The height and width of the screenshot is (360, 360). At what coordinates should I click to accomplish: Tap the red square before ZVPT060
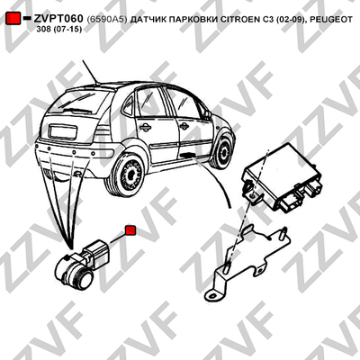[x=13, y=18]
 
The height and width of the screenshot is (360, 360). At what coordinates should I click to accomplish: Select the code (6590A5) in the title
[x=107, y=20]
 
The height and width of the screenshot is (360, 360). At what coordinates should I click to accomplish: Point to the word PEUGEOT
[x=331, y=20]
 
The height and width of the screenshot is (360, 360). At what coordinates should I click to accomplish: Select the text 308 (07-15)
[x=58, y=30]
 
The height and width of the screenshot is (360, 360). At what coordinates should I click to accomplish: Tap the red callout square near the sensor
[x=130, y=230]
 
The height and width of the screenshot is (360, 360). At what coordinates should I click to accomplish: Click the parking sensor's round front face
[x=84, y=278]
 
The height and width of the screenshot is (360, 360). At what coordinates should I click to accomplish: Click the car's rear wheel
[x=125, y=175]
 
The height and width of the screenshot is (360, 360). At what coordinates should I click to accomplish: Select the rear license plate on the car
[x=63, y=132]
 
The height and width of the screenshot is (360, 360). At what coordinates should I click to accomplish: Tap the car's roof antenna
[x=90, y=72]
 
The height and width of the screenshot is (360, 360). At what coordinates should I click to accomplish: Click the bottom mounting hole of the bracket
[x=213, y=294]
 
